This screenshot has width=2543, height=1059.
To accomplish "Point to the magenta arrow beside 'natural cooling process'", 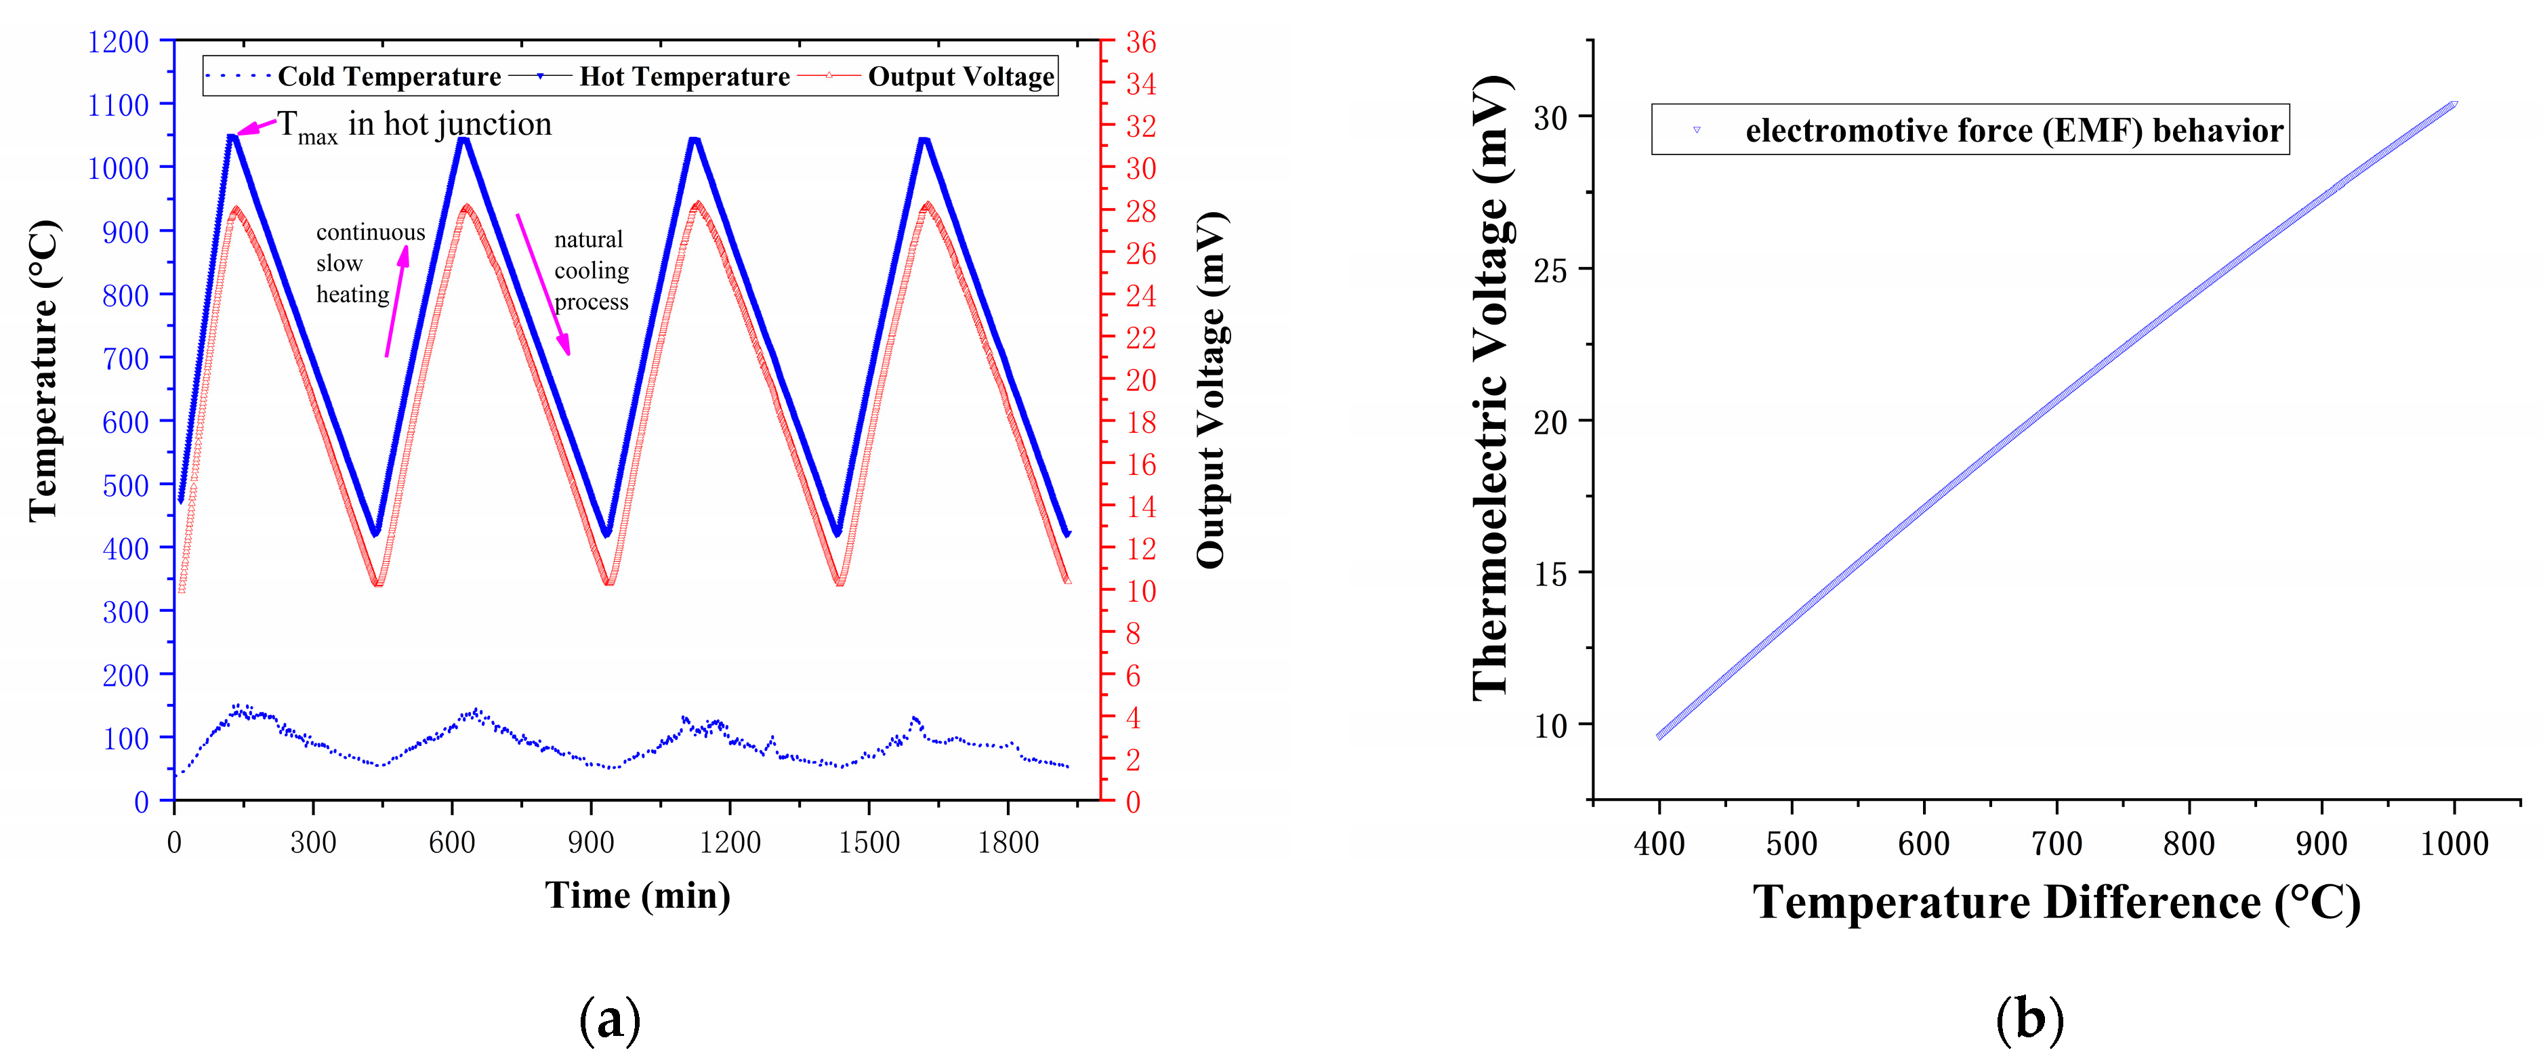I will (542, 283).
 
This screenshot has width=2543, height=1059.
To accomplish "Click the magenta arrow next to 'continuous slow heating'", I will (396, 300).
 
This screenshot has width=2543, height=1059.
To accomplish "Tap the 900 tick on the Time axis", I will (590, 842).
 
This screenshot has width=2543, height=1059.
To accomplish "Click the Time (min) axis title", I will (638, 895).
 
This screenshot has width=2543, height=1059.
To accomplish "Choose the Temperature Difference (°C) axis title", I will (2056, 902).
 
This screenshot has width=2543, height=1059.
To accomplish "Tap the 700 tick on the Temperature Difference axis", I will (2056, 843).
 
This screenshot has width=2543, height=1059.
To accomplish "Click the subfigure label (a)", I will (609, 1020).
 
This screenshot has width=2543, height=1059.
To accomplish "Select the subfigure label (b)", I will (2029, 1020).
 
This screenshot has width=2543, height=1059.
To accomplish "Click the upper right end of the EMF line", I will (2453, 104).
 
